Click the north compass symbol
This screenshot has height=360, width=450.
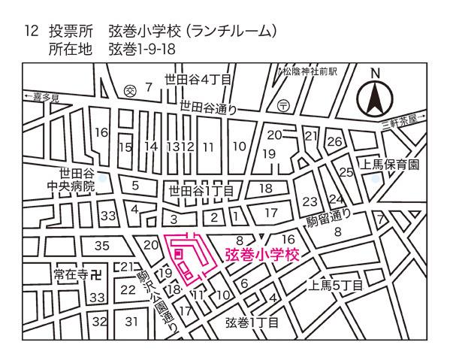coord(373,97)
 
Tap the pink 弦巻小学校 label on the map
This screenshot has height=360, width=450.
coord(262,255)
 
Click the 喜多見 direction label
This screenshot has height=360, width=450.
coord(44,98)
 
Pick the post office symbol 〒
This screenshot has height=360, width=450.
coord(283,105)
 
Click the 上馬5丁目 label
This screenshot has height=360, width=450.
coord(336,286)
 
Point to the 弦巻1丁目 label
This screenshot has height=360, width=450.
coord(252,323)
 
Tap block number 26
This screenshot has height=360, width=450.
coord(335,141)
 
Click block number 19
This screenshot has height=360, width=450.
coord(268,153)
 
